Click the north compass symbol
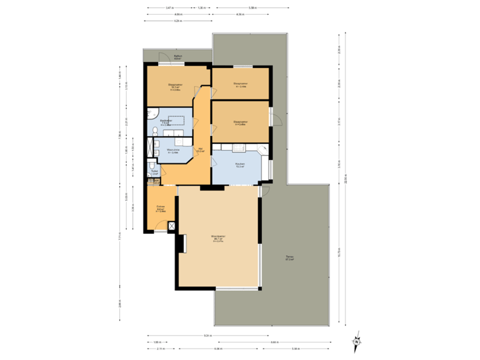pyautogui.click(x=356, y=341)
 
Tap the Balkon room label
pyautogui.click(x=177, y=57)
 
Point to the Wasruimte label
pyautogui.click(x=173, y=151)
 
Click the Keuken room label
pyautogui.click(x=240, y=165)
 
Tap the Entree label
pyautogui.click(x=160, y=209)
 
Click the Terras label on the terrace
pyautogui.click(x=290, y=258)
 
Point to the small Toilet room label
pyautogui.click(x=154, y=172)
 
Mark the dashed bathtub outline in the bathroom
pyautogui.click(x=177, y=121)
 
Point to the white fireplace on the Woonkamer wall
pyautogui.click(x=180, y=243)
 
